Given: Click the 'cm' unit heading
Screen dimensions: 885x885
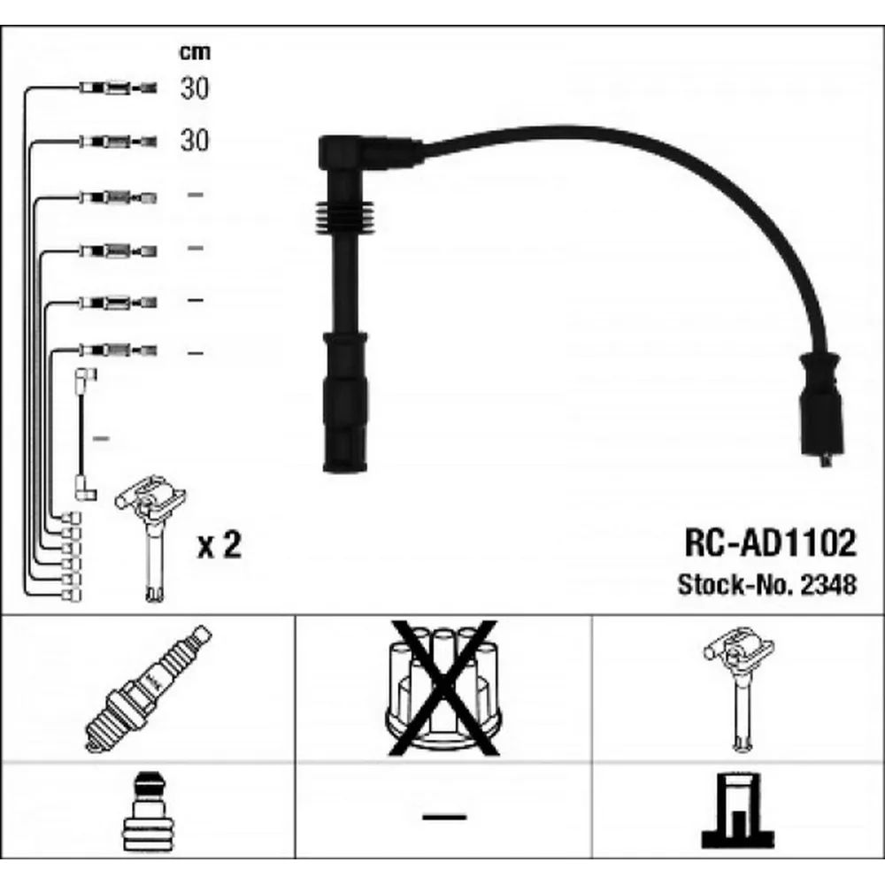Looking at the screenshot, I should (x=195, y=52).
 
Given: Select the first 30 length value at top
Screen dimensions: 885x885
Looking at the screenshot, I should (x=195, y=88).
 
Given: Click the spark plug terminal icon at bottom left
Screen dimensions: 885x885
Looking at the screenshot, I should (x=148, y=814).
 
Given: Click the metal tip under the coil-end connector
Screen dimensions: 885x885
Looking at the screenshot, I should (x=825, y=461).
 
